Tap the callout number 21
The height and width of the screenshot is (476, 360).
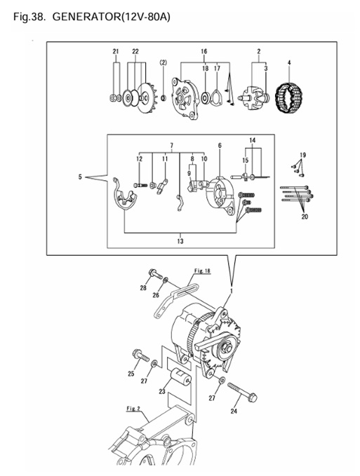116,52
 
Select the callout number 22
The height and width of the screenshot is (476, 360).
135,52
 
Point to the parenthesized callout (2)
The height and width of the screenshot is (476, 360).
163,63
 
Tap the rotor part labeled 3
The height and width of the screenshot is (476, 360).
257,97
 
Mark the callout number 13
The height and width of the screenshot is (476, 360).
180,241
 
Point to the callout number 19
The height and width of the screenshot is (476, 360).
303,154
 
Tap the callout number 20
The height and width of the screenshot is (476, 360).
305,217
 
